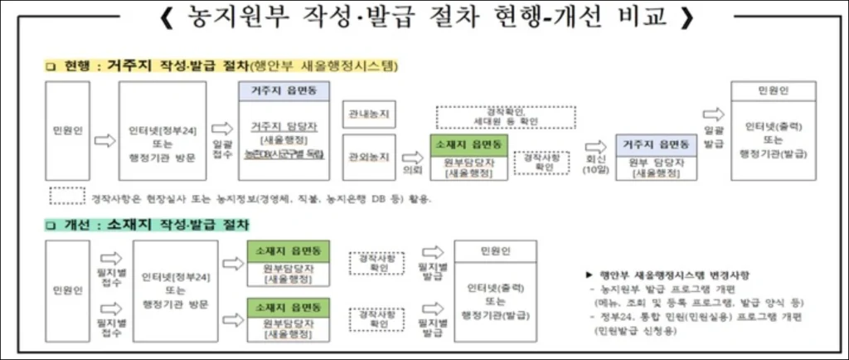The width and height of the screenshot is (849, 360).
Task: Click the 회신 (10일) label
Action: point(590,164)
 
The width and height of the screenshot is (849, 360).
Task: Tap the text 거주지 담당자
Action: point(279,127)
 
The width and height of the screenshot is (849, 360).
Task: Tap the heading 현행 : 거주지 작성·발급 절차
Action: point(224,66)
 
